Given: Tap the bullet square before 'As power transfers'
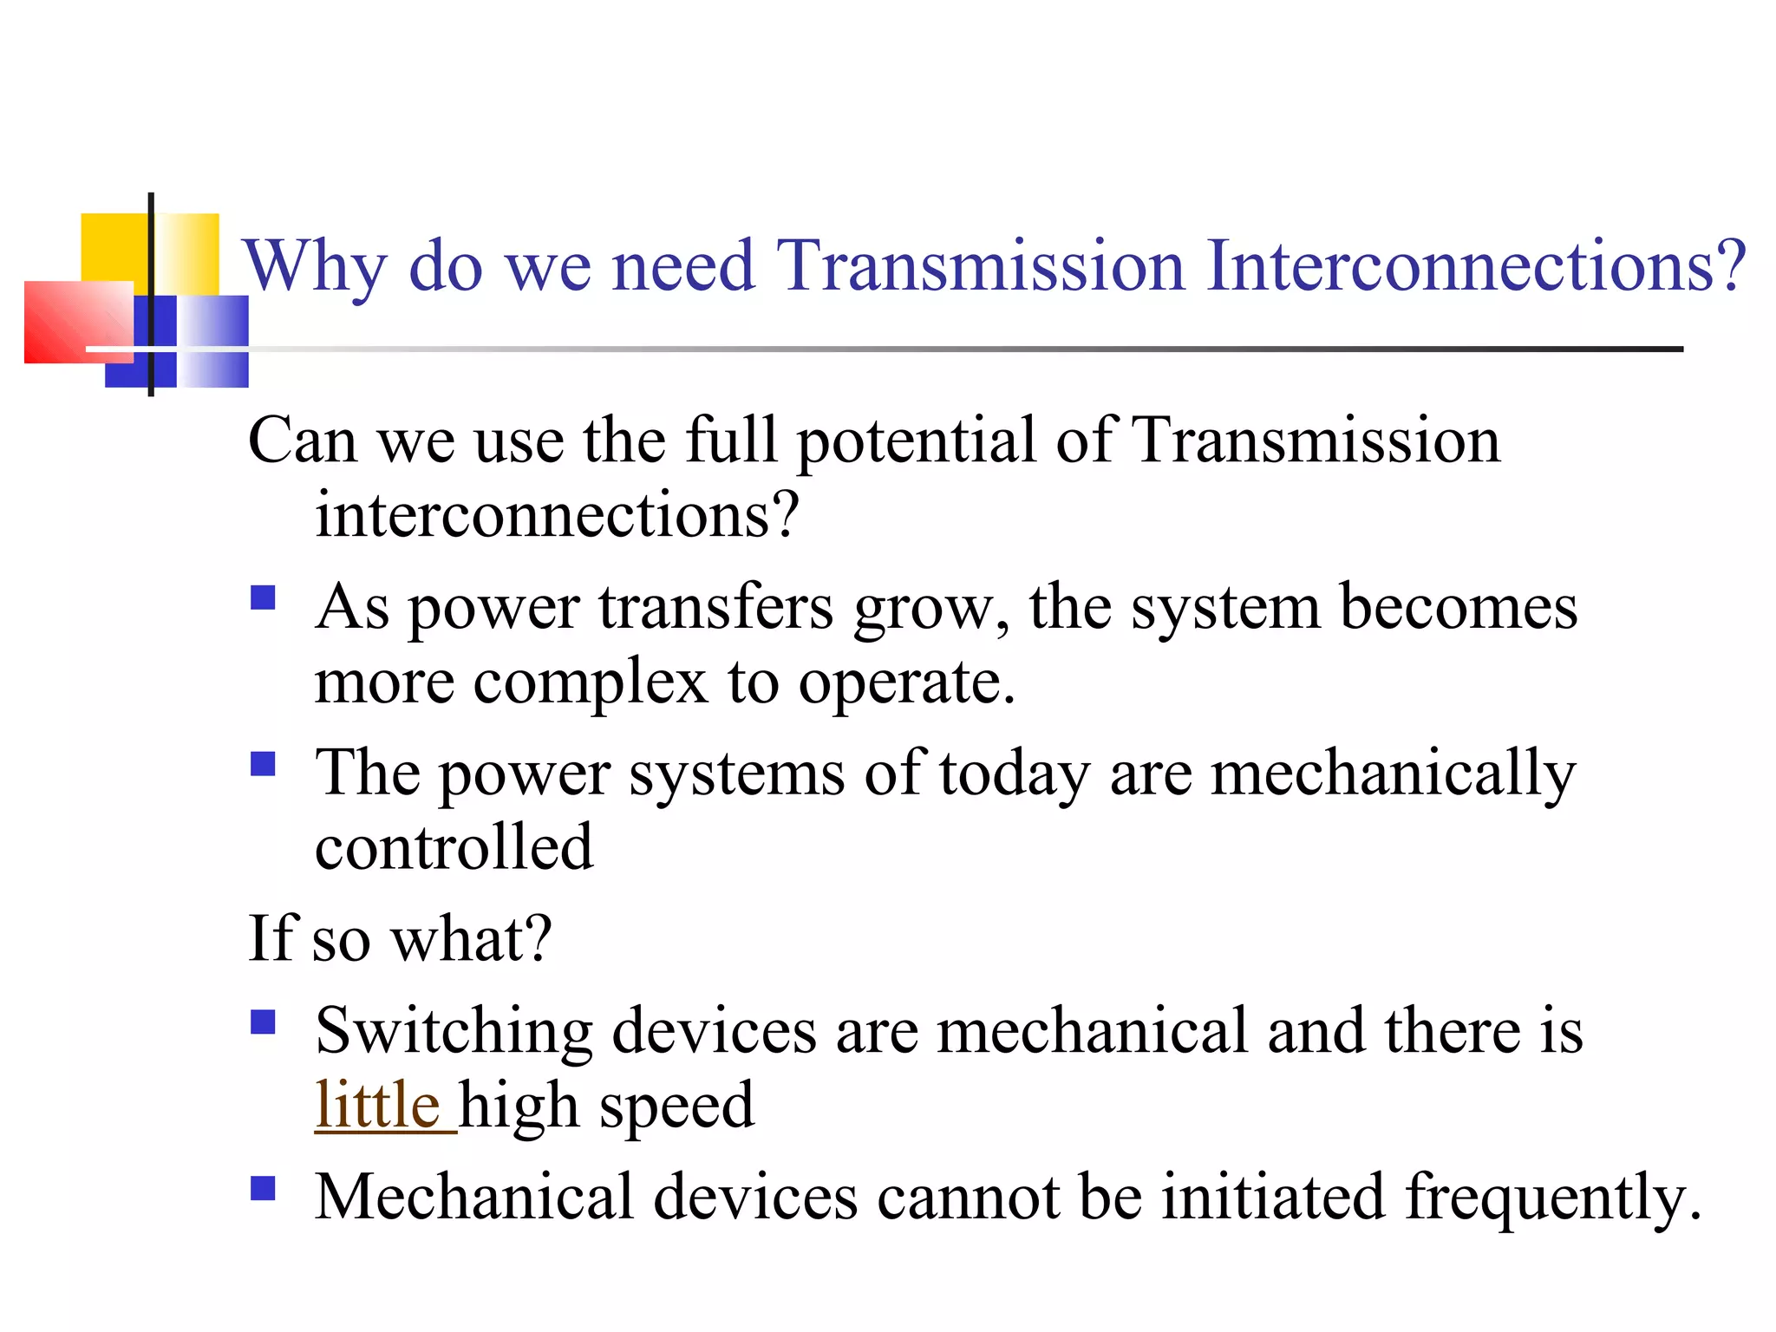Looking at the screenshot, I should tap(263, 598).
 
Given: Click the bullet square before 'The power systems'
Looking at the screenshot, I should tap(263, 764).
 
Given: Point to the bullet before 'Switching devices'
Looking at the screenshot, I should tap(263, 1022).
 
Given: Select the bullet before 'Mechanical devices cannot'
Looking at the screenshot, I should tap(263, 1188).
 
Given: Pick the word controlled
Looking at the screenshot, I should tap(454, 847).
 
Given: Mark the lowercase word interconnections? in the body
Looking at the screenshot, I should tap(556, 516).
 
